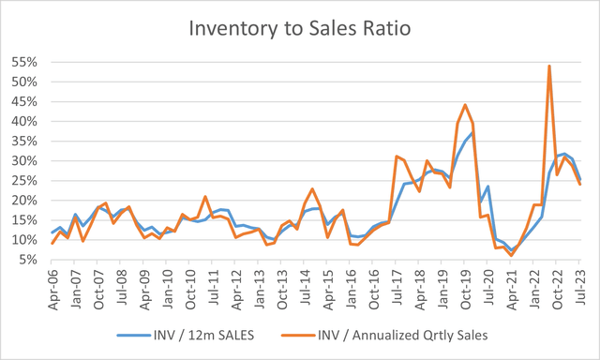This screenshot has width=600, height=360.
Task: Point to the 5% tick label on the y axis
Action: click(29, 261)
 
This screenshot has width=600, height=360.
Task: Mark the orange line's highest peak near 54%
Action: click(548, 66)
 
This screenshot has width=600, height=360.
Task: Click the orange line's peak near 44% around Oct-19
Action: click(466, 105)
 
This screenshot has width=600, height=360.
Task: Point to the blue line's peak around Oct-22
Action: click(564, 154)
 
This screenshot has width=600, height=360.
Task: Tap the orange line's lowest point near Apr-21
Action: click(511, 255)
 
